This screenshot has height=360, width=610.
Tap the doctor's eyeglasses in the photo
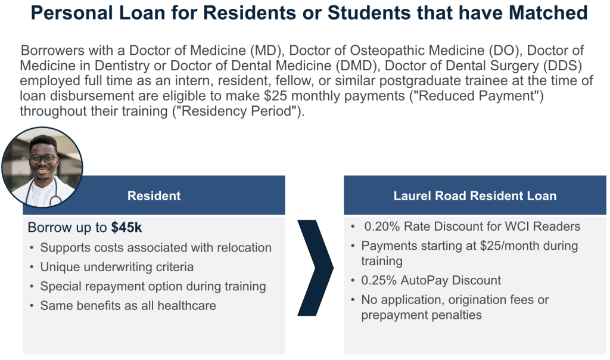[43, 159]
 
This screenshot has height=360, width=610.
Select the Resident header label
[154, 195]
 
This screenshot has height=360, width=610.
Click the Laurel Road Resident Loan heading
[475, 195]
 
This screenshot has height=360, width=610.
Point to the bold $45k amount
[126, 227]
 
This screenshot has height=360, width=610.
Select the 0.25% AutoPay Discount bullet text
[431, 280]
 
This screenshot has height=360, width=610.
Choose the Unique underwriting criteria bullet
[117, 267]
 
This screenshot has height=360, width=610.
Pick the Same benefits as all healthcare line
[128, 306]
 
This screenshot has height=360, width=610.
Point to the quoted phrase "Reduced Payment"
[476, 96]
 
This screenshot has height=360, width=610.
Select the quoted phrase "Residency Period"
[238, 111]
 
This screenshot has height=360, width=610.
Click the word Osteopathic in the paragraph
[417, 51]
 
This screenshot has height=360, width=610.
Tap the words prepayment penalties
[421, 315]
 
